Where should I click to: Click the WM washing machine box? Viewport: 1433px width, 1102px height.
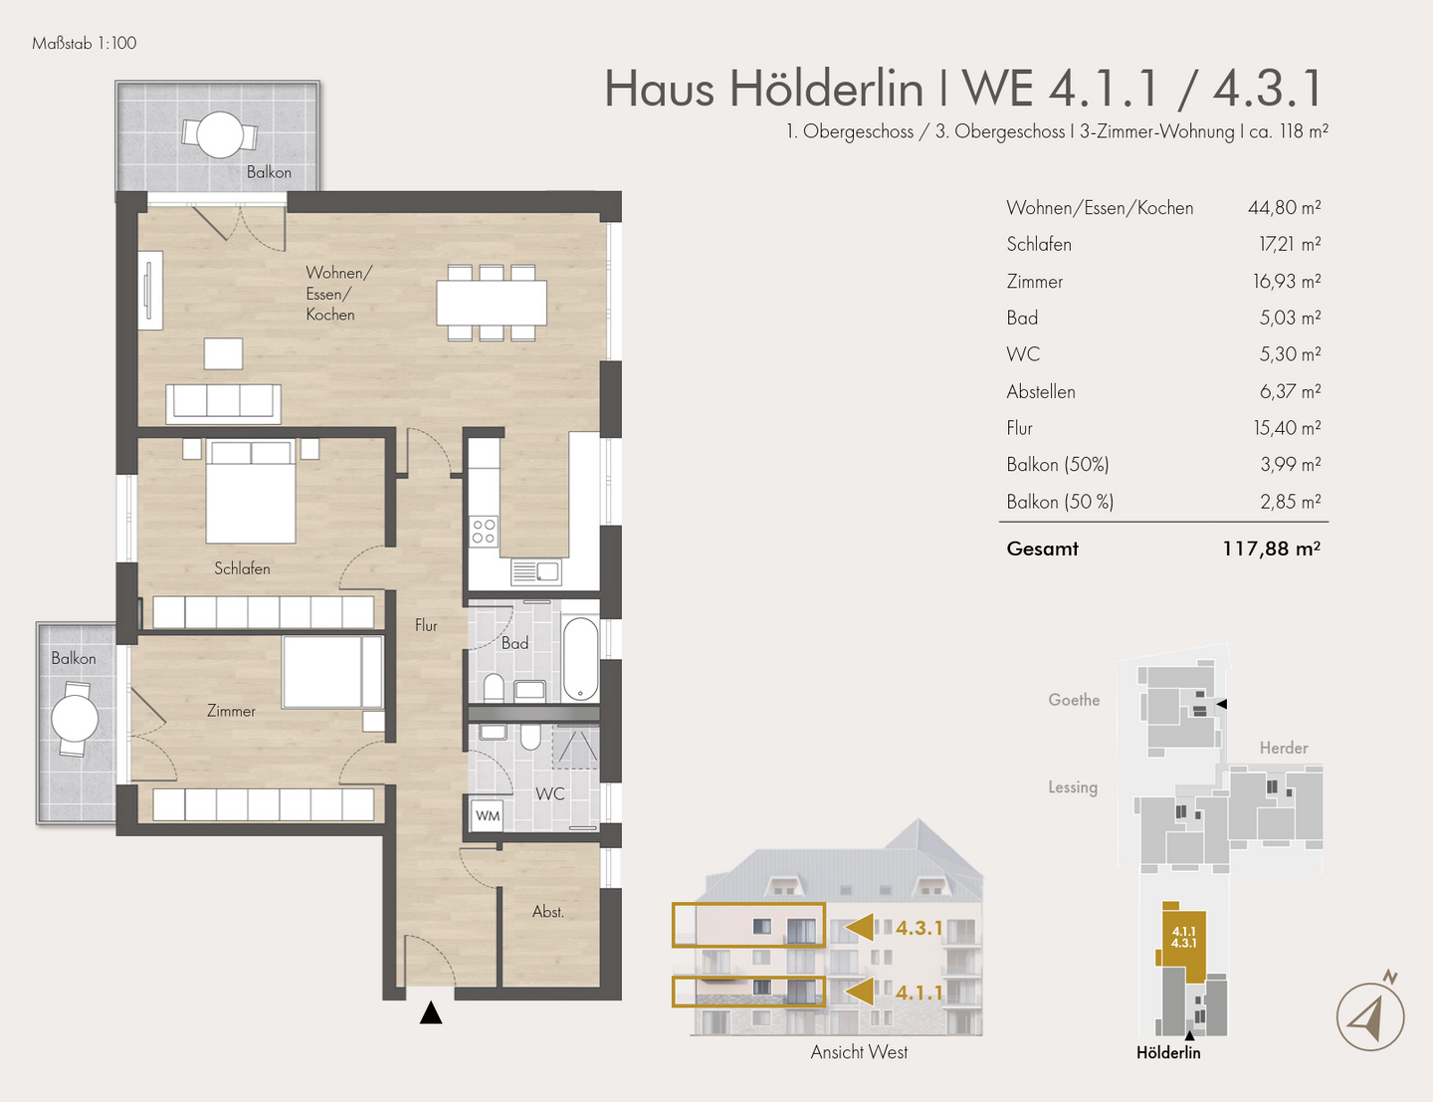tap(488, 815)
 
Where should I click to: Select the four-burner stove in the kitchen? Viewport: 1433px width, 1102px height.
tap(484, 532)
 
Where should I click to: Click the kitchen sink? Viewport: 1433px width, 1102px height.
tap(536, 571)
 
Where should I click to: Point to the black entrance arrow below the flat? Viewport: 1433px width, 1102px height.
tap(431, 1013)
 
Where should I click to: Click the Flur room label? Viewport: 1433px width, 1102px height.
tap(426, 625)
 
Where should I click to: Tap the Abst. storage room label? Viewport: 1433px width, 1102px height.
tap(548, 912)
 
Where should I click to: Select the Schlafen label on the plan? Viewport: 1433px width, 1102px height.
tap(242, 568)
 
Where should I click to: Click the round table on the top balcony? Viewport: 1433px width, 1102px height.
tap(220, 135)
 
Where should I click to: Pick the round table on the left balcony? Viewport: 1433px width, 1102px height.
tap(75, 719)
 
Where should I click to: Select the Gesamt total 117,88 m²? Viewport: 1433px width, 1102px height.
tap(1272, 549)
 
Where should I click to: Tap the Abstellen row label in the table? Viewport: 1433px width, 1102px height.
tap(1041, 392)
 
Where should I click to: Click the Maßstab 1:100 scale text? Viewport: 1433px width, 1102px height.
tap(85, 44)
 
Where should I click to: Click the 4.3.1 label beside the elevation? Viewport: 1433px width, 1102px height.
tap(919, 928)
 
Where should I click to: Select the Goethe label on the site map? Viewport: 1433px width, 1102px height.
tap(1074, 700)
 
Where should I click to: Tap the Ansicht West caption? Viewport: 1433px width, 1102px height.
tap(859, 1052)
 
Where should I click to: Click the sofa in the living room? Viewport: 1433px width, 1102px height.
tap(224, 403)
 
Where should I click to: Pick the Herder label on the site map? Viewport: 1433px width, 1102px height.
tap(1284, 748)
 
